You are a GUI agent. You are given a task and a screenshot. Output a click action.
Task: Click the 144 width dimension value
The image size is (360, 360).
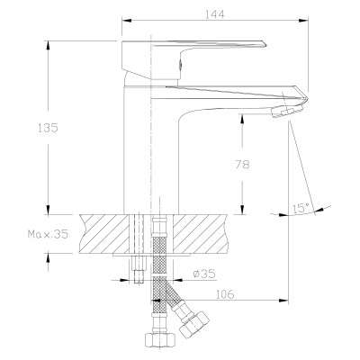tap(215, 13)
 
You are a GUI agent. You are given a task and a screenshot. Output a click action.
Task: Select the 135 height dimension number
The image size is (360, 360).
tap(48, 128)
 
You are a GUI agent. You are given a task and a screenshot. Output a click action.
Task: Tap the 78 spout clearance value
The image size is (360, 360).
tap(242, 164)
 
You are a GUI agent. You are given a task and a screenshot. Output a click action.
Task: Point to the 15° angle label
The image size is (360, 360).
tap(301, 208)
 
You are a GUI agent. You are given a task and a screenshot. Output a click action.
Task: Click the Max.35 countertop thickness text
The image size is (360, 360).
tap(48, 234)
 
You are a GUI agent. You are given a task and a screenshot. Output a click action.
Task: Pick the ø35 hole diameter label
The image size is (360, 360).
tap(204, 274)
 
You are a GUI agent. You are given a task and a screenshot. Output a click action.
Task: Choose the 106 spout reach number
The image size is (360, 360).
tap(225, 294)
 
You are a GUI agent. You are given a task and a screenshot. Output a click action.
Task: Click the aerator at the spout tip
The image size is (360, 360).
tap(286, 111)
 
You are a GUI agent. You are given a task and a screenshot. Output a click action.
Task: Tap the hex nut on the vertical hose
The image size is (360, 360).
tap(160, 339)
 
